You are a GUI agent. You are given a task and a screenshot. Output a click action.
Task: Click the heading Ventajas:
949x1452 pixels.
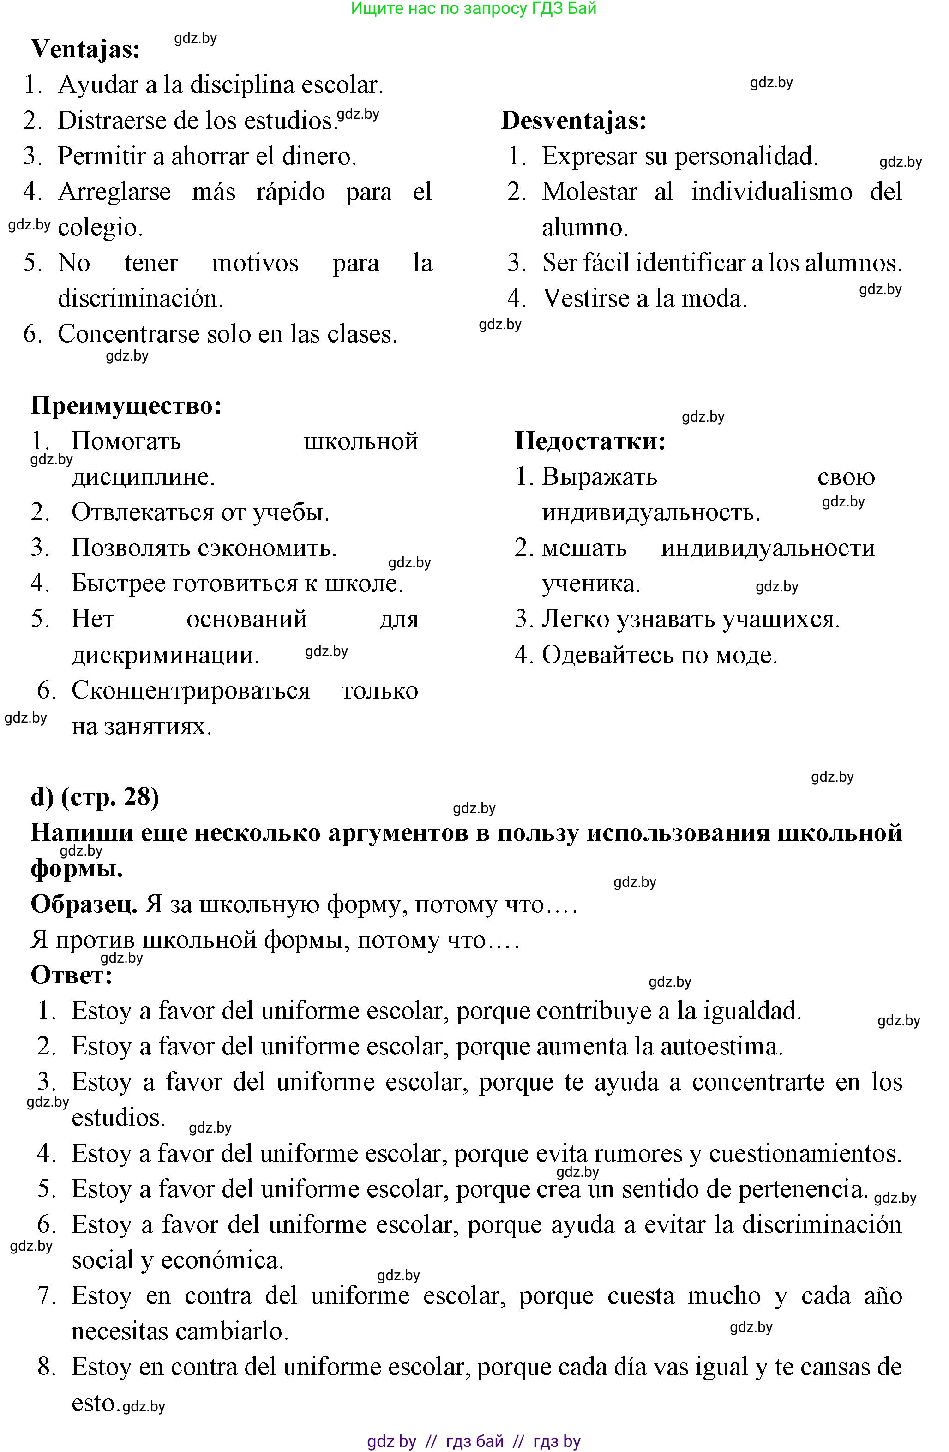85,49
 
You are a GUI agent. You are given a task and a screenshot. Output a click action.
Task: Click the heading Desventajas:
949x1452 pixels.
573,121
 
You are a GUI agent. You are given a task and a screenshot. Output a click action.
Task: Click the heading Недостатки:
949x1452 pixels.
590,441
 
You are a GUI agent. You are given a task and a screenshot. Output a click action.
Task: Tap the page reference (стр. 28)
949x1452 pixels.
110,797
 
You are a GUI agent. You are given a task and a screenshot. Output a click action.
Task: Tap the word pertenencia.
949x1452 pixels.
802,1189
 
